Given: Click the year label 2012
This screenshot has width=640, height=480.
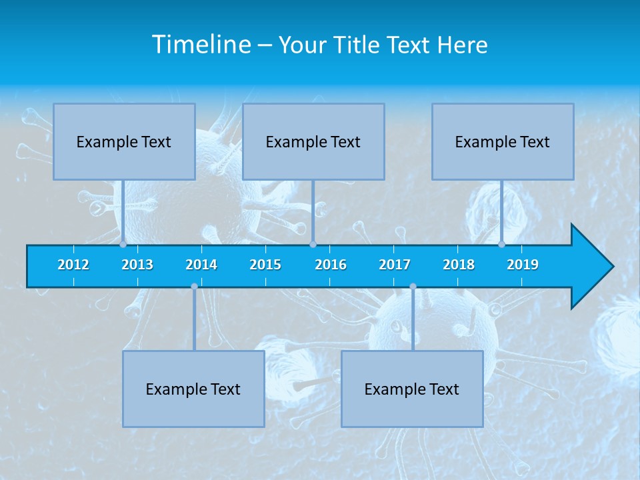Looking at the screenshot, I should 73,265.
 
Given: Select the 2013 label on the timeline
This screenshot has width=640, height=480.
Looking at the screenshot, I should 137,265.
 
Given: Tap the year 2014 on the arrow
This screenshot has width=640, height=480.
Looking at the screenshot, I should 201,265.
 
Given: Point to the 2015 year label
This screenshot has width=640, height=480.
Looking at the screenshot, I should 265,265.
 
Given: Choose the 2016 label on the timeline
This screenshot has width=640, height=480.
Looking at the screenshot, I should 331,265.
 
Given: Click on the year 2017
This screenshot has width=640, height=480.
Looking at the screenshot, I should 395,265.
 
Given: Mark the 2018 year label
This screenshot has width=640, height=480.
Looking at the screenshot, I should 459,265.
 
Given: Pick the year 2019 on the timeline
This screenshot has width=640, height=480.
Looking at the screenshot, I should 523,265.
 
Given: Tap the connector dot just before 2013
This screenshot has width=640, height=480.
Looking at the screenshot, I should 123,245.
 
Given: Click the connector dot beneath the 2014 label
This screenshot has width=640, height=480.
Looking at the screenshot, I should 194,287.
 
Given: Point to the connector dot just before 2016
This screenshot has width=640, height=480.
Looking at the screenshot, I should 313,245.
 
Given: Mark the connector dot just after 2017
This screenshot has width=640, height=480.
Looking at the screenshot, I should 413,287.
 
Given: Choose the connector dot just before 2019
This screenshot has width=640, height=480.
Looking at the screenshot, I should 502,245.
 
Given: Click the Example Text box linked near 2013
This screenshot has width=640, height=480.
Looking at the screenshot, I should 124,141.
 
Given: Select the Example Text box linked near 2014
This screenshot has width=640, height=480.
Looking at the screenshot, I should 193,389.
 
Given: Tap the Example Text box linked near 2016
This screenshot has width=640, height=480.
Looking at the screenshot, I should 313,141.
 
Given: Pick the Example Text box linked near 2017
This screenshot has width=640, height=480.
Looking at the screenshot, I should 412,389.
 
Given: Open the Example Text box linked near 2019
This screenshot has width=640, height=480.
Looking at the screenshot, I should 503,141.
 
